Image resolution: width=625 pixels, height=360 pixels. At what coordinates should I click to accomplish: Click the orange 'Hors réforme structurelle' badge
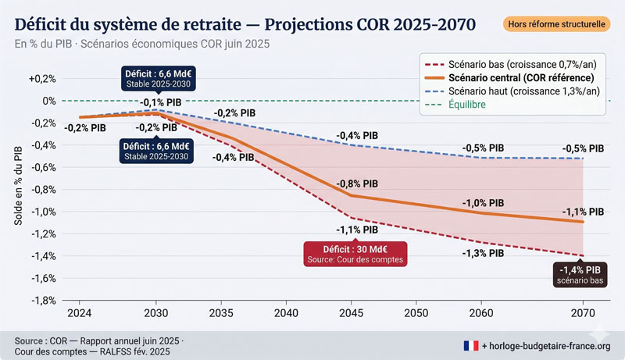click(557, 24)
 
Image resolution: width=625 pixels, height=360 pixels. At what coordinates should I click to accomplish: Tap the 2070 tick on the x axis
click(583, 312)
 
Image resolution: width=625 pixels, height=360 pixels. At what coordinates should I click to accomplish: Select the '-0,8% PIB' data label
click(357, 184)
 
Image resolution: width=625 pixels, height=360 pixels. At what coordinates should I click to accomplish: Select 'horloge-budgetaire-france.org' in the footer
click(552, 344)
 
